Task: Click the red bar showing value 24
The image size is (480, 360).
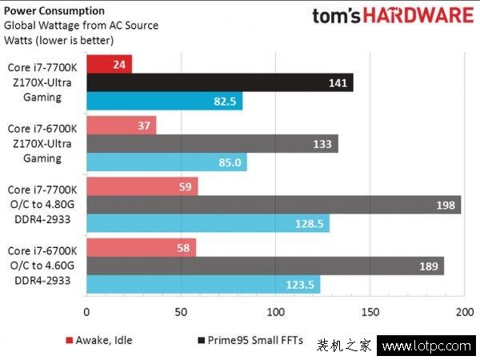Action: pos(109,63)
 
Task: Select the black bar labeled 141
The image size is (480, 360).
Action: pos(219,82)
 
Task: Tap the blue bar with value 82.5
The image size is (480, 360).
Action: pos(164,102)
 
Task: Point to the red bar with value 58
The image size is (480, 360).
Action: pos(141,247)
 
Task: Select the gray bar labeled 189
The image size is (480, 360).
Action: pos(265,266)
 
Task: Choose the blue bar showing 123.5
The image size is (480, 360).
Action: pos(203,285)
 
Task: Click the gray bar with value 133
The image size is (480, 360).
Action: pos(212,144)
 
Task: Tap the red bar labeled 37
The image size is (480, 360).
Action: pos(121,125)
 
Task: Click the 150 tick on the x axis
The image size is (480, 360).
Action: pos(370,312)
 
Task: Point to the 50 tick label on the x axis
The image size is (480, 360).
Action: pos(181,312)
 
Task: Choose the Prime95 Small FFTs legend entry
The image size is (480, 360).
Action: pos(250,341)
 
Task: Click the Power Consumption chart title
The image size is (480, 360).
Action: pos(54,11)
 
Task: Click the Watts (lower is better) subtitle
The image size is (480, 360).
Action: pos(58,39)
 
